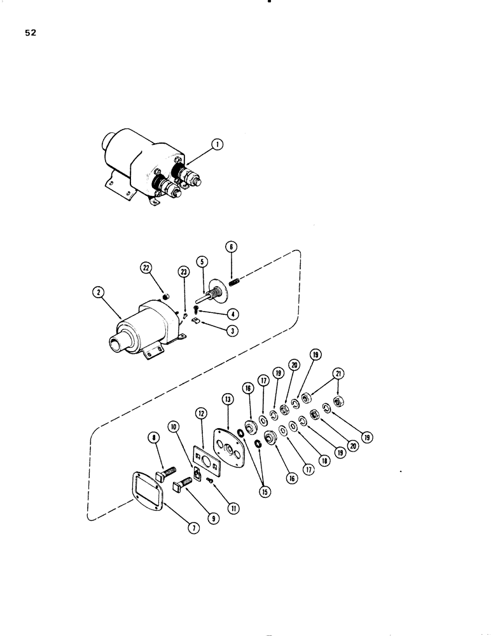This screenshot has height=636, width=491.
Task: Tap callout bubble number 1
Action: click(218, 145)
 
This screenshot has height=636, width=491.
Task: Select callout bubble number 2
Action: click(98, 293)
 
